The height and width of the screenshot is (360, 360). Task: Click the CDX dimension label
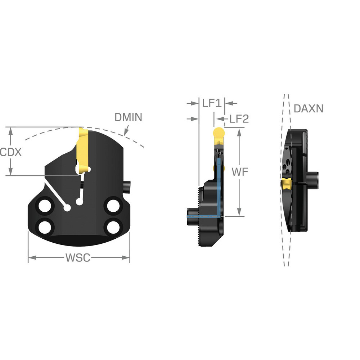[11, 152]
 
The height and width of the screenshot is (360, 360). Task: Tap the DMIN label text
[128, 117]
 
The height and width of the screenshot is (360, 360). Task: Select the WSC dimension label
[78, 258]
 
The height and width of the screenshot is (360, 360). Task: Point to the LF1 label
[211, 103]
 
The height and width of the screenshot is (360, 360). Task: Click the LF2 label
[237, 119]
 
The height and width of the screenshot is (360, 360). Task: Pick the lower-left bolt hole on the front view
[46, 227]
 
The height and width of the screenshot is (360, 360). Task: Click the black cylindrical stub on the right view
[313, 179]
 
